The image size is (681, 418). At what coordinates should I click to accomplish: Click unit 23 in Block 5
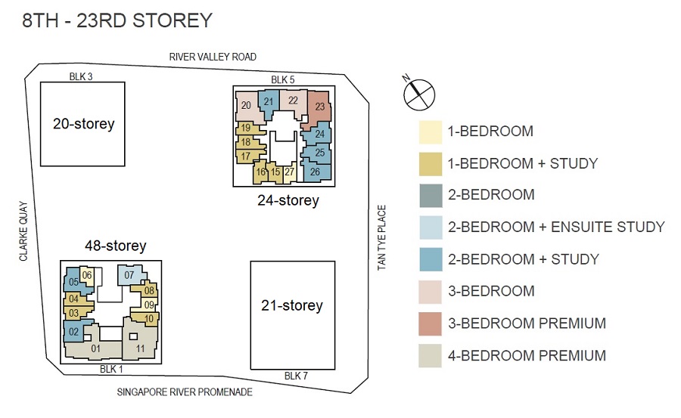pos(319,107)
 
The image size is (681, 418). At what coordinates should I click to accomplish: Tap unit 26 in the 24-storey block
pos(316,172)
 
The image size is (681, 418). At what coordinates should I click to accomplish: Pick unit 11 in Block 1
pos(140,343)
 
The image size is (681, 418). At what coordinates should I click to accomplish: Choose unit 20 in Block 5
pos(247,106)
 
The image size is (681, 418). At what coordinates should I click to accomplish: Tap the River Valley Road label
pos(213,57)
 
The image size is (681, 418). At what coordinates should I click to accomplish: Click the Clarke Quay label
pos(23,231)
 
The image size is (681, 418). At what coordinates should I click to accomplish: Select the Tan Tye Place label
pos(381,237)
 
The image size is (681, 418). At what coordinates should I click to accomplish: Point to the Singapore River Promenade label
pos(185,392)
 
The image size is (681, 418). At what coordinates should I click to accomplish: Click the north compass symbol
pos(418,94)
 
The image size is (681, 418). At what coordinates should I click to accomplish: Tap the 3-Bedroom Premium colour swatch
pos(430,324)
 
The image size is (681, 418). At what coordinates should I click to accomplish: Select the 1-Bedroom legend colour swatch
pos(431,132)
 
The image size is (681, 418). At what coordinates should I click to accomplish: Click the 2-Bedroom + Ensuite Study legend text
pos(556,227)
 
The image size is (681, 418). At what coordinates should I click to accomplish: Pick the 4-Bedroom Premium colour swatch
pos(430,356)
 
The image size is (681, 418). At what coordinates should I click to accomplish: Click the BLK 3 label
pos(81,77)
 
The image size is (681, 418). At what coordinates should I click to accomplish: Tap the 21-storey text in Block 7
pos(292,305)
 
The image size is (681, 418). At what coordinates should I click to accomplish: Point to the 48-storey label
pos(116,246)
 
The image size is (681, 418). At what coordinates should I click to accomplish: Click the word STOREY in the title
pos(173,20)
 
